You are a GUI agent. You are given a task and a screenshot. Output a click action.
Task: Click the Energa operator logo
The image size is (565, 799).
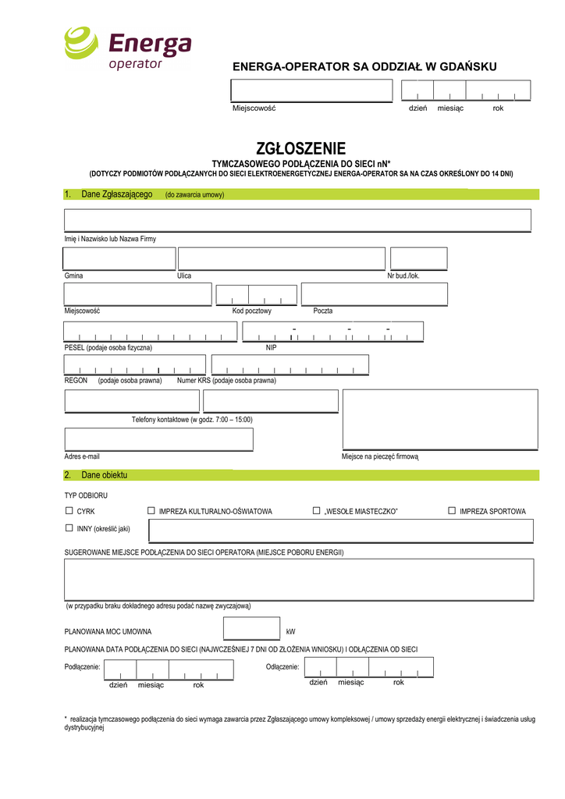point(127,48)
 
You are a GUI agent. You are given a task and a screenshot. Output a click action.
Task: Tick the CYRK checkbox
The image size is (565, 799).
point(69,510)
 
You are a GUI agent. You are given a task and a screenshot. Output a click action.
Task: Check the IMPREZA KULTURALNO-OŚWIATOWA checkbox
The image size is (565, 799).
point(151,510)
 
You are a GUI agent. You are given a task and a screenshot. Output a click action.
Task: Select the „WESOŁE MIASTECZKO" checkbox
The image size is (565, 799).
point(317,510)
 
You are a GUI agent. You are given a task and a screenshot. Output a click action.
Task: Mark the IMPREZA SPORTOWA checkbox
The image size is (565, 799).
point(452,510)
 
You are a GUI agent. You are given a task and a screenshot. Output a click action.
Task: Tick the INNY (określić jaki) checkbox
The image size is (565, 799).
point(69,528)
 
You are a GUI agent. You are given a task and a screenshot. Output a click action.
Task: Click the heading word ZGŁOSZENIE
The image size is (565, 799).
point(300,148)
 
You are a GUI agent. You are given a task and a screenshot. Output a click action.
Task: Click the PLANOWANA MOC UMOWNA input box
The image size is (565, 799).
point(251,629)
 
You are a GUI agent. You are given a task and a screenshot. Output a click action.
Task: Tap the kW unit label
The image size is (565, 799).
point(290,631)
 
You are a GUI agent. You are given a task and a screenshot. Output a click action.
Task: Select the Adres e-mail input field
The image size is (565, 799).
point(158,439)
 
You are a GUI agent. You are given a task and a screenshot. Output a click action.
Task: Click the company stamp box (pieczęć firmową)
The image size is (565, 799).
point(440,420)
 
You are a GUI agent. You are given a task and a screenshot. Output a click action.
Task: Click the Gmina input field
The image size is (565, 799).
point(120,258)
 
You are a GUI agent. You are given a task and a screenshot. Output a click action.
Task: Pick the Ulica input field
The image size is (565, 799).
point(282,258)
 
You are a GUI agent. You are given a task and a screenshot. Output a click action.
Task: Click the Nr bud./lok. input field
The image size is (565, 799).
point(418,258)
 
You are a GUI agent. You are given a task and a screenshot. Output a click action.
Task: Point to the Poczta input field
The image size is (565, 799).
point(374,294)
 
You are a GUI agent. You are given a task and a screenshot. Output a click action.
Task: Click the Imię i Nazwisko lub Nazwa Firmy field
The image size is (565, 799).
point(297,221)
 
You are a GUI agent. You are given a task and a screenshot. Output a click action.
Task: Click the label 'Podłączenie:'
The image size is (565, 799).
point(82,667)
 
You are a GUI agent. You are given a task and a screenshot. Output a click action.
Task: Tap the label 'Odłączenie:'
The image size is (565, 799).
point(282,667)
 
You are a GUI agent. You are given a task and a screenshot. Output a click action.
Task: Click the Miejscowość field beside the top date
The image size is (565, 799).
point(310,91)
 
